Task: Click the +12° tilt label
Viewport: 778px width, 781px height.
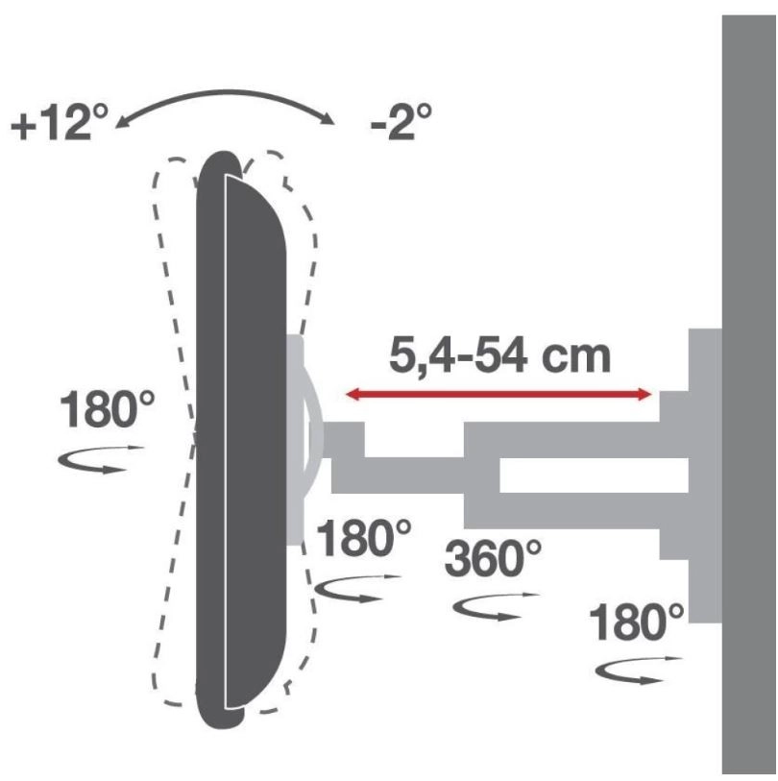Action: (60, 122)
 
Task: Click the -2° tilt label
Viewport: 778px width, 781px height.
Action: (401, 121)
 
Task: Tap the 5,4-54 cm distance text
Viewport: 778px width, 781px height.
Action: (499, 356)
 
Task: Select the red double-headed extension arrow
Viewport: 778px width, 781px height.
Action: (498, 395)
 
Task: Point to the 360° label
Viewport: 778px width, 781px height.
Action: (493, 558)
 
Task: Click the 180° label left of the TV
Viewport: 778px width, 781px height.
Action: (107, 409)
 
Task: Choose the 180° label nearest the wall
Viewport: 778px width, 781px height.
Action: (637, 622)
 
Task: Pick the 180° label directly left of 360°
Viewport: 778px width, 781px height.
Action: (364, 538)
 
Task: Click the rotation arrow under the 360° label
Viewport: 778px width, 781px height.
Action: (496, 607)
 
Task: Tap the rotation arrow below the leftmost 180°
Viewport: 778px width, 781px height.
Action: (100, 459)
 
